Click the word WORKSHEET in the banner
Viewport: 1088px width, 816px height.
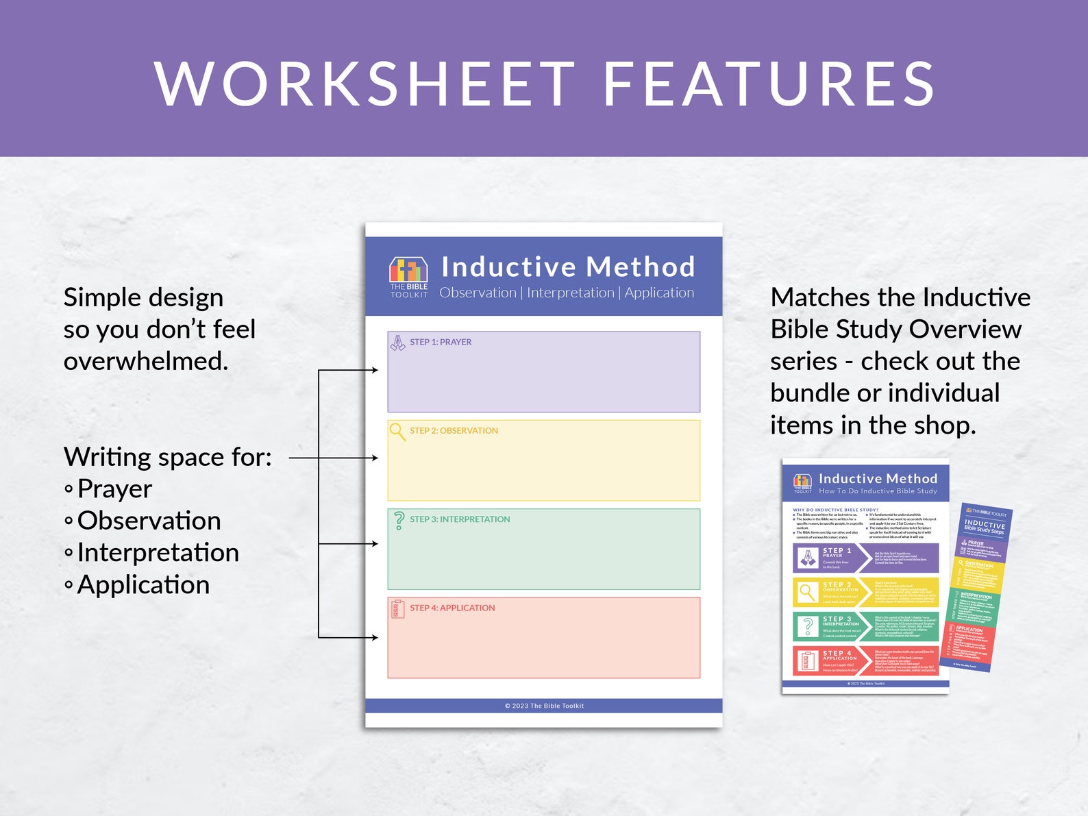364,84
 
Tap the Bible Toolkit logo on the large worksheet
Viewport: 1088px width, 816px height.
409,277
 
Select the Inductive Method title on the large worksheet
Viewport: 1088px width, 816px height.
568,267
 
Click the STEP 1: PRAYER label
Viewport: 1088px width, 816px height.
441,342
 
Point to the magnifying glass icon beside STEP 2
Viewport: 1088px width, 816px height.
397,432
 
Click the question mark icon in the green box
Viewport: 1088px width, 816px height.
399,521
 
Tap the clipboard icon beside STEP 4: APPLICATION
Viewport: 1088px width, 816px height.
398,608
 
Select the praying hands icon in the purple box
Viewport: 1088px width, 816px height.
397,343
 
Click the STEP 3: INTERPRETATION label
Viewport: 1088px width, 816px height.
460,519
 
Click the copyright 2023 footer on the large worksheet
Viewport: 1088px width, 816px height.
544,706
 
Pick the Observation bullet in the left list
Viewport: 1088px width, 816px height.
149,521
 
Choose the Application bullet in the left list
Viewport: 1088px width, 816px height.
143,585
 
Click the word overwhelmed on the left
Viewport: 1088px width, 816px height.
145,361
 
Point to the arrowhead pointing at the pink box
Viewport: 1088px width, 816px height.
375,637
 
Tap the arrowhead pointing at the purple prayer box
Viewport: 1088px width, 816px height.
375,370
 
